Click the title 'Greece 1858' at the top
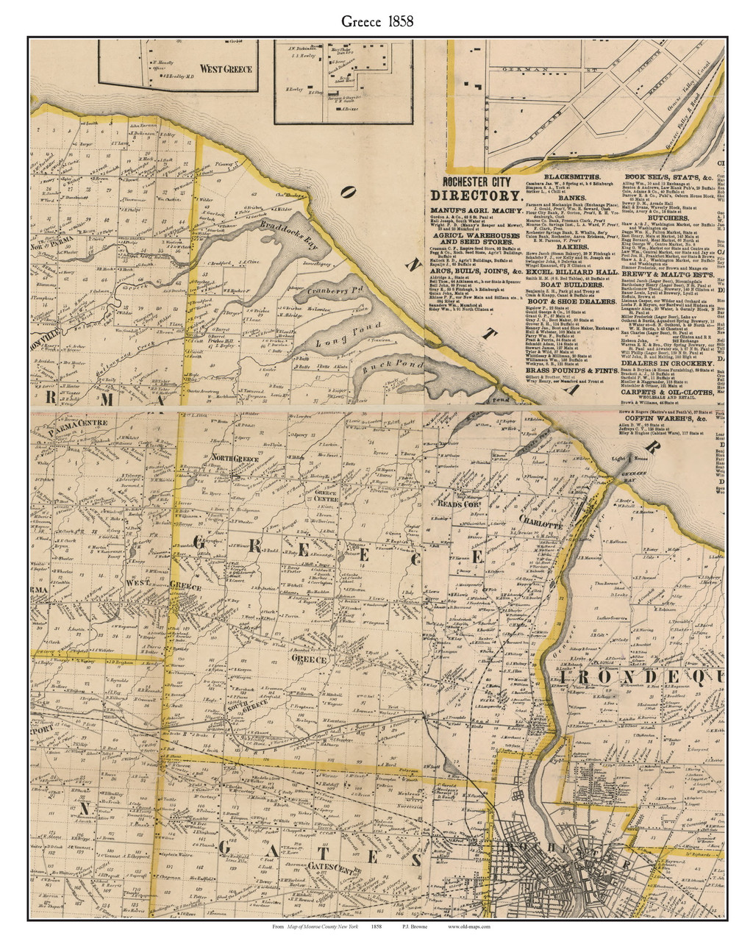[x=376, y=21]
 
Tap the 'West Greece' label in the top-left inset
[x=226, y=69]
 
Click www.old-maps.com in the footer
[x=469, y=928]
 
